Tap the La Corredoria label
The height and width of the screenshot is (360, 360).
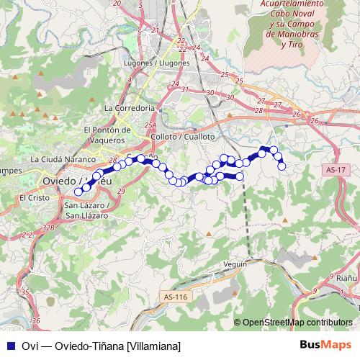[130, 107]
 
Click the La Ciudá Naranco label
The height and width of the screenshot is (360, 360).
[63, 158]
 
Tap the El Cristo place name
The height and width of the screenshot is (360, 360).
[32, 197]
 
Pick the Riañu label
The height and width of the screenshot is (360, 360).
[348, 276]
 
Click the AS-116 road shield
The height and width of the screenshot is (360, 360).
[174, 297]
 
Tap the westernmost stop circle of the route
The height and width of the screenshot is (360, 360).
[78, 192]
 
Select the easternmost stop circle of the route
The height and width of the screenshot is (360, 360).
[282, 166]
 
